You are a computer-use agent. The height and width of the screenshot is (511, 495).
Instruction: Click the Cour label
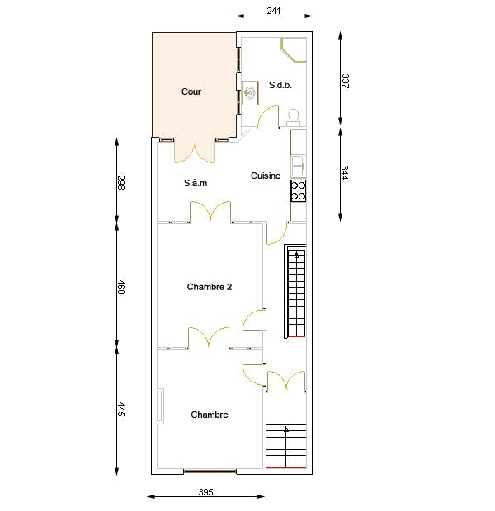[x=191, y=91]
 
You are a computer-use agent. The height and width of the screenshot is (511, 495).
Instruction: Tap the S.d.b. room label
[x=280, y=85]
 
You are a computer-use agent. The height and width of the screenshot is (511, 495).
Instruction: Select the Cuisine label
[x=266, y=176]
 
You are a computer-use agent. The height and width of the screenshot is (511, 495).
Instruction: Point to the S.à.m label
[x=196, y=183]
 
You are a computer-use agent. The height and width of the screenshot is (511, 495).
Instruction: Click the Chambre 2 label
[x=210, y=287]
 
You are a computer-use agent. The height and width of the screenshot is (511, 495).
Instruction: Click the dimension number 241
[x=274, y=11]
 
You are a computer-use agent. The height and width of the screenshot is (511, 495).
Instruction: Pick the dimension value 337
[x=345, y=81]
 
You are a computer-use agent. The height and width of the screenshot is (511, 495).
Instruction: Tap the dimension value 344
[x=345, y=172]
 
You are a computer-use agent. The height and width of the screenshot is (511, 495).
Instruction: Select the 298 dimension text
[x=121, y=182]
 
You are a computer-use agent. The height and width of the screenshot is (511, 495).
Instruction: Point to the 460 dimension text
[x=121, y=287]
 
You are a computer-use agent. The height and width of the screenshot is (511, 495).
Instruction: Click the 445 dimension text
[x=121, y=410]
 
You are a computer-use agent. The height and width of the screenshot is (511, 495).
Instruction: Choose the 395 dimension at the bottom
[x=206, y=492]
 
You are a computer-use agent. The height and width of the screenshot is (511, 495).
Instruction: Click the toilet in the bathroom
[x=294, y=117]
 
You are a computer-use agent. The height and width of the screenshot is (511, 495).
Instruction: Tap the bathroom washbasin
[x=250, y=93]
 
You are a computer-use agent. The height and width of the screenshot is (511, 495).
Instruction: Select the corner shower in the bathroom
[x=294, y=49]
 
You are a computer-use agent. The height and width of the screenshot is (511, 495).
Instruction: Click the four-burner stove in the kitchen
[x=299, y=190]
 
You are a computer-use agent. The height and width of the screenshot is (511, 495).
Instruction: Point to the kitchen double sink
[x=299, y=166]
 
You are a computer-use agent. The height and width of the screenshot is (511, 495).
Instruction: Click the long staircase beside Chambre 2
[x=295, y=291]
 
